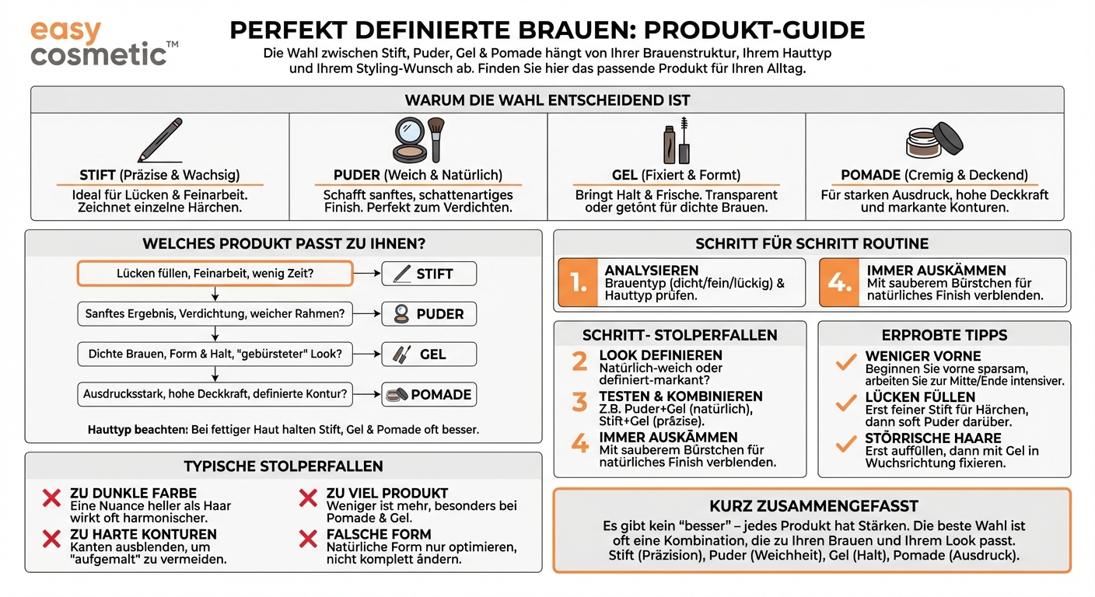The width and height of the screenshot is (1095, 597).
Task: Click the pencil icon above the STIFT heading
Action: (x=159, y=140)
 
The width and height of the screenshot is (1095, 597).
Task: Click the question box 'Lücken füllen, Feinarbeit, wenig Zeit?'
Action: (x=215, y=274)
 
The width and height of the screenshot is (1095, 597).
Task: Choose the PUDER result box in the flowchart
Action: (x=429, y=314)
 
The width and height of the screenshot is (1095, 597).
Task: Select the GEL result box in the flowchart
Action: (x=429, y=354)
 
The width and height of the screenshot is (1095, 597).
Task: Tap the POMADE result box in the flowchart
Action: (x=429, y=395)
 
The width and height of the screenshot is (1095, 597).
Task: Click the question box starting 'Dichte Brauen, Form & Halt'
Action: (x=215, y=354)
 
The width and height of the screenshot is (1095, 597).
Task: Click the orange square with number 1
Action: (x=577, y=283)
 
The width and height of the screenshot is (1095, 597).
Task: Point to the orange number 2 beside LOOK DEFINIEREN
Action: (x=579, y=361)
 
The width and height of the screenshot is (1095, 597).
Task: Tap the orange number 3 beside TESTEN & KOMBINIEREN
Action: (x=579, y=402)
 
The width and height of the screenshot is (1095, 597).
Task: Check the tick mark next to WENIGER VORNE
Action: (x=845, y=362)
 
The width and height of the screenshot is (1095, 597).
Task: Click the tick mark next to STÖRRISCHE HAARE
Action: (x=845, y=445)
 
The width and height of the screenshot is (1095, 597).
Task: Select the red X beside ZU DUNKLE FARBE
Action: (x=51, y=499)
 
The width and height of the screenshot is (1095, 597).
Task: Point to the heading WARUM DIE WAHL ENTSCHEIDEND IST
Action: (x=547, y=100)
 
